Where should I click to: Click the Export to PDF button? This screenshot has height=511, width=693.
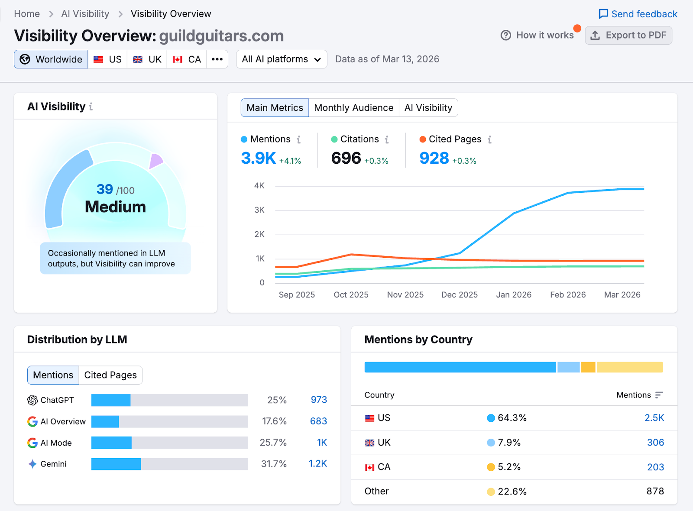628,36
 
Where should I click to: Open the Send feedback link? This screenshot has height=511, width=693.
638,14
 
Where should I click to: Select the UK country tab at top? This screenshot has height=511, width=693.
147,59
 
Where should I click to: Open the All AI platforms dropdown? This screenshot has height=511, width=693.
282,59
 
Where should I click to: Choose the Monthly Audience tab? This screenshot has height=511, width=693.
353,108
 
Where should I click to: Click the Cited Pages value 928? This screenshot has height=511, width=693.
434,158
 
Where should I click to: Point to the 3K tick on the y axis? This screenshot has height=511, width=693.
259,210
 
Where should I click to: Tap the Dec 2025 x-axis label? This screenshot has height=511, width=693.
459,295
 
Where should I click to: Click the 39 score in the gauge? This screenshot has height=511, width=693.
105,189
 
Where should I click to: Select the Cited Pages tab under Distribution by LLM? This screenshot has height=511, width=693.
110,375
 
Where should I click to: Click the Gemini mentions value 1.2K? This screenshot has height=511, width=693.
317,464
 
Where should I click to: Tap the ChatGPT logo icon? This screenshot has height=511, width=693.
32,400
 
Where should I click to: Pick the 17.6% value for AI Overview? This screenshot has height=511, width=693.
274,421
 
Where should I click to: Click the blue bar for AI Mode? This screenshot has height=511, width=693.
111,443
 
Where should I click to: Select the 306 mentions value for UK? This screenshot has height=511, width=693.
655,443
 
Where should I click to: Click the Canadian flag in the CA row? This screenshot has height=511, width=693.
369,467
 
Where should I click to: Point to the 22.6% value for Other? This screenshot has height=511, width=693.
512,492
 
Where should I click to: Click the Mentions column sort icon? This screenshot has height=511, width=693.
659,395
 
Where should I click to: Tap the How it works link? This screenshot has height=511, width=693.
537,36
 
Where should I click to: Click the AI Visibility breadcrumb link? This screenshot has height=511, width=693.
85,14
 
